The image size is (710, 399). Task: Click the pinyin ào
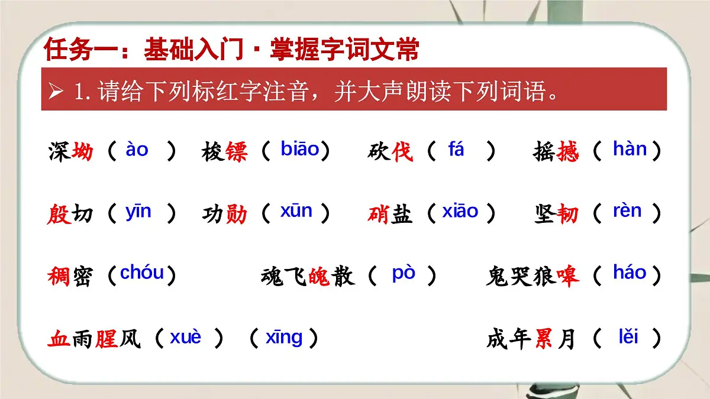coord(137,150)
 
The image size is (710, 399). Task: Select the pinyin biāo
coord(300,150)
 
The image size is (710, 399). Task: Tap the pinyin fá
coord(456,150)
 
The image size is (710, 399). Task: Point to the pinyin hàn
coord(630,150)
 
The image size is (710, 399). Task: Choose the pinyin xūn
coord(296,211)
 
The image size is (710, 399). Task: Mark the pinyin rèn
coord(627,211)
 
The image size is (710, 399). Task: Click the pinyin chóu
coord(142,273)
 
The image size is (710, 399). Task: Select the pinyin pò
coord(404,274)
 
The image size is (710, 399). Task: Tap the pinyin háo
coord(630,273)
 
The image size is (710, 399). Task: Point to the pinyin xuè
coord(186,338)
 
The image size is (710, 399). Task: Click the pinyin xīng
coord(284,338)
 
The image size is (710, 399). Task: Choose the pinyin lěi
coord(628,338)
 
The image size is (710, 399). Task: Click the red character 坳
coord(82,153)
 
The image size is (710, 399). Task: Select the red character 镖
coord(236,153)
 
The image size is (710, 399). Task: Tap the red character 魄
coord(319,276)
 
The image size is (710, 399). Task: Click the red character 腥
coord(106,340)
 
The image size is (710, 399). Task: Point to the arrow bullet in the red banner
coord(57,92)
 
